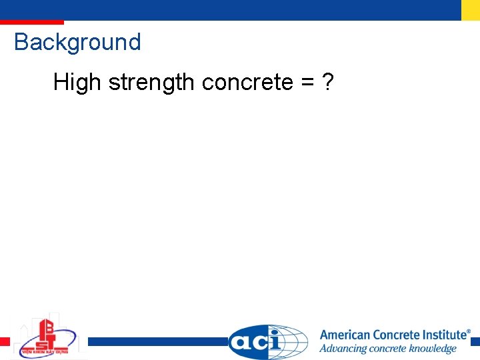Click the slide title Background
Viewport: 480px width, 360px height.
(77, 43)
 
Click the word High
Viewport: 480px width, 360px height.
(77, 83)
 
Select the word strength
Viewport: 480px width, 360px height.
(151, 83)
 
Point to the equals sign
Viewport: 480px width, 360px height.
(307, 83)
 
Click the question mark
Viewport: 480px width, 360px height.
(327, 83)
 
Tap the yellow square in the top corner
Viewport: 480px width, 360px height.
(471, 10)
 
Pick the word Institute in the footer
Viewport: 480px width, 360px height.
(441, 335)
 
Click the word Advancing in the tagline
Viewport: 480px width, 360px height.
(341, 349)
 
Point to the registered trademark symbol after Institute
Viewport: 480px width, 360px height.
(468, 331)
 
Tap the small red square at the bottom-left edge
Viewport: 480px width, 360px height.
(5, 341)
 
